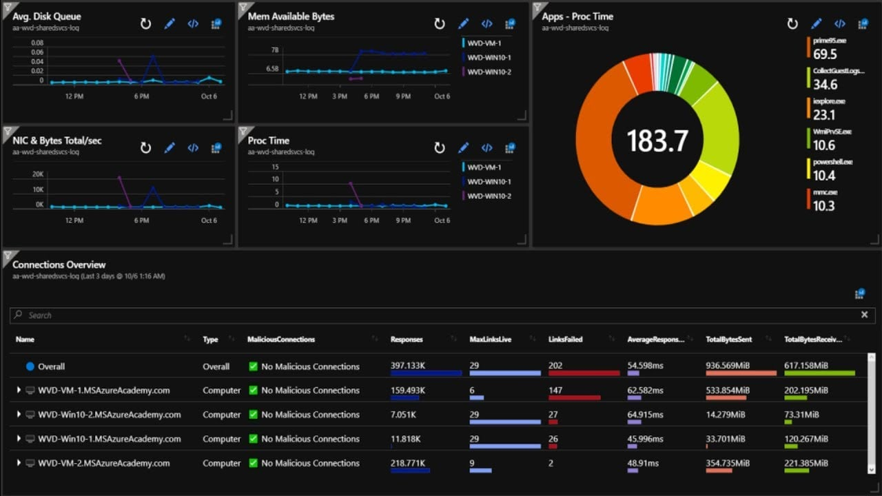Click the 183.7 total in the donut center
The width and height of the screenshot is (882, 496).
657,141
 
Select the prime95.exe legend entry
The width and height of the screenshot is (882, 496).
829,41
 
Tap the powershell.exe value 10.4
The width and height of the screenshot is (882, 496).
825,175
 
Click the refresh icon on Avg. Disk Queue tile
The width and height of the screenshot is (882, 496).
145,24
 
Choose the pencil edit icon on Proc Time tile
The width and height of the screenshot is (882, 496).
464,148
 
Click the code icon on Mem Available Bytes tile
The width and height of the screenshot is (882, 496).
486,24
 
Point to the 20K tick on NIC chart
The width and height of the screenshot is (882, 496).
37,174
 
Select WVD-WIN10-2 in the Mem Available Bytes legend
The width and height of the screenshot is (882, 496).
489,72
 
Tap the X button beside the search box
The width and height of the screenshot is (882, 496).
864,315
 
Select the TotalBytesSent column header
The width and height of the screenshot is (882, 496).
728,340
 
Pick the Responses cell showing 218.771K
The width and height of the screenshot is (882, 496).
409,463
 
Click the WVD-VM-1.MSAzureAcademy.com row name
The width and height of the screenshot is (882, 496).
103,391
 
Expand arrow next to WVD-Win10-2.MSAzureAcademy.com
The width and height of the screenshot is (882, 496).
19,415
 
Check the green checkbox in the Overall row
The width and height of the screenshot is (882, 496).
253,366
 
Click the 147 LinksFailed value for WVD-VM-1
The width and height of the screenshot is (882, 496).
555,391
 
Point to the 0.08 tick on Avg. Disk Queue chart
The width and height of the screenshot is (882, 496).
37,43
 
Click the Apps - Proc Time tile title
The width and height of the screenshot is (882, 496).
577,17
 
